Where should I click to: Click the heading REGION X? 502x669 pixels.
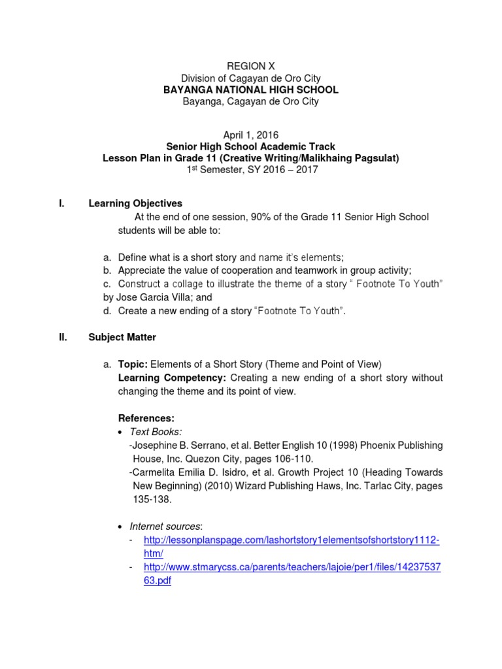[251, 66]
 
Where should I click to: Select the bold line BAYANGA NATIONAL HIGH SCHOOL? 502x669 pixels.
[251, 90]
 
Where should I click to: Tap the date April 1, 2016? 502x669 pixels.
[251, 135]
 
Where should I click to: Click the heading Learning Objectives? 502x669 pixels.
[135, 204]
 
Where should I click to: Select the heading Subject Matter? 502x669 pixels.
[122, 337]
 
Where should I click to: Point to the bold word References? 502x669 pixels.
[146, 418]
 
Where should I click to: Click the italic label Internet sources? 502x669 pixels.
[166, 526]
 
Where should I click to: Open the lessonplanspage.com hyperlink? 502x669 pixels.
[292, 540]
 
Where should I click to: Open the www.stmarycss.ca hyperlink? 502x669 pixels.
[292, 567]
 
